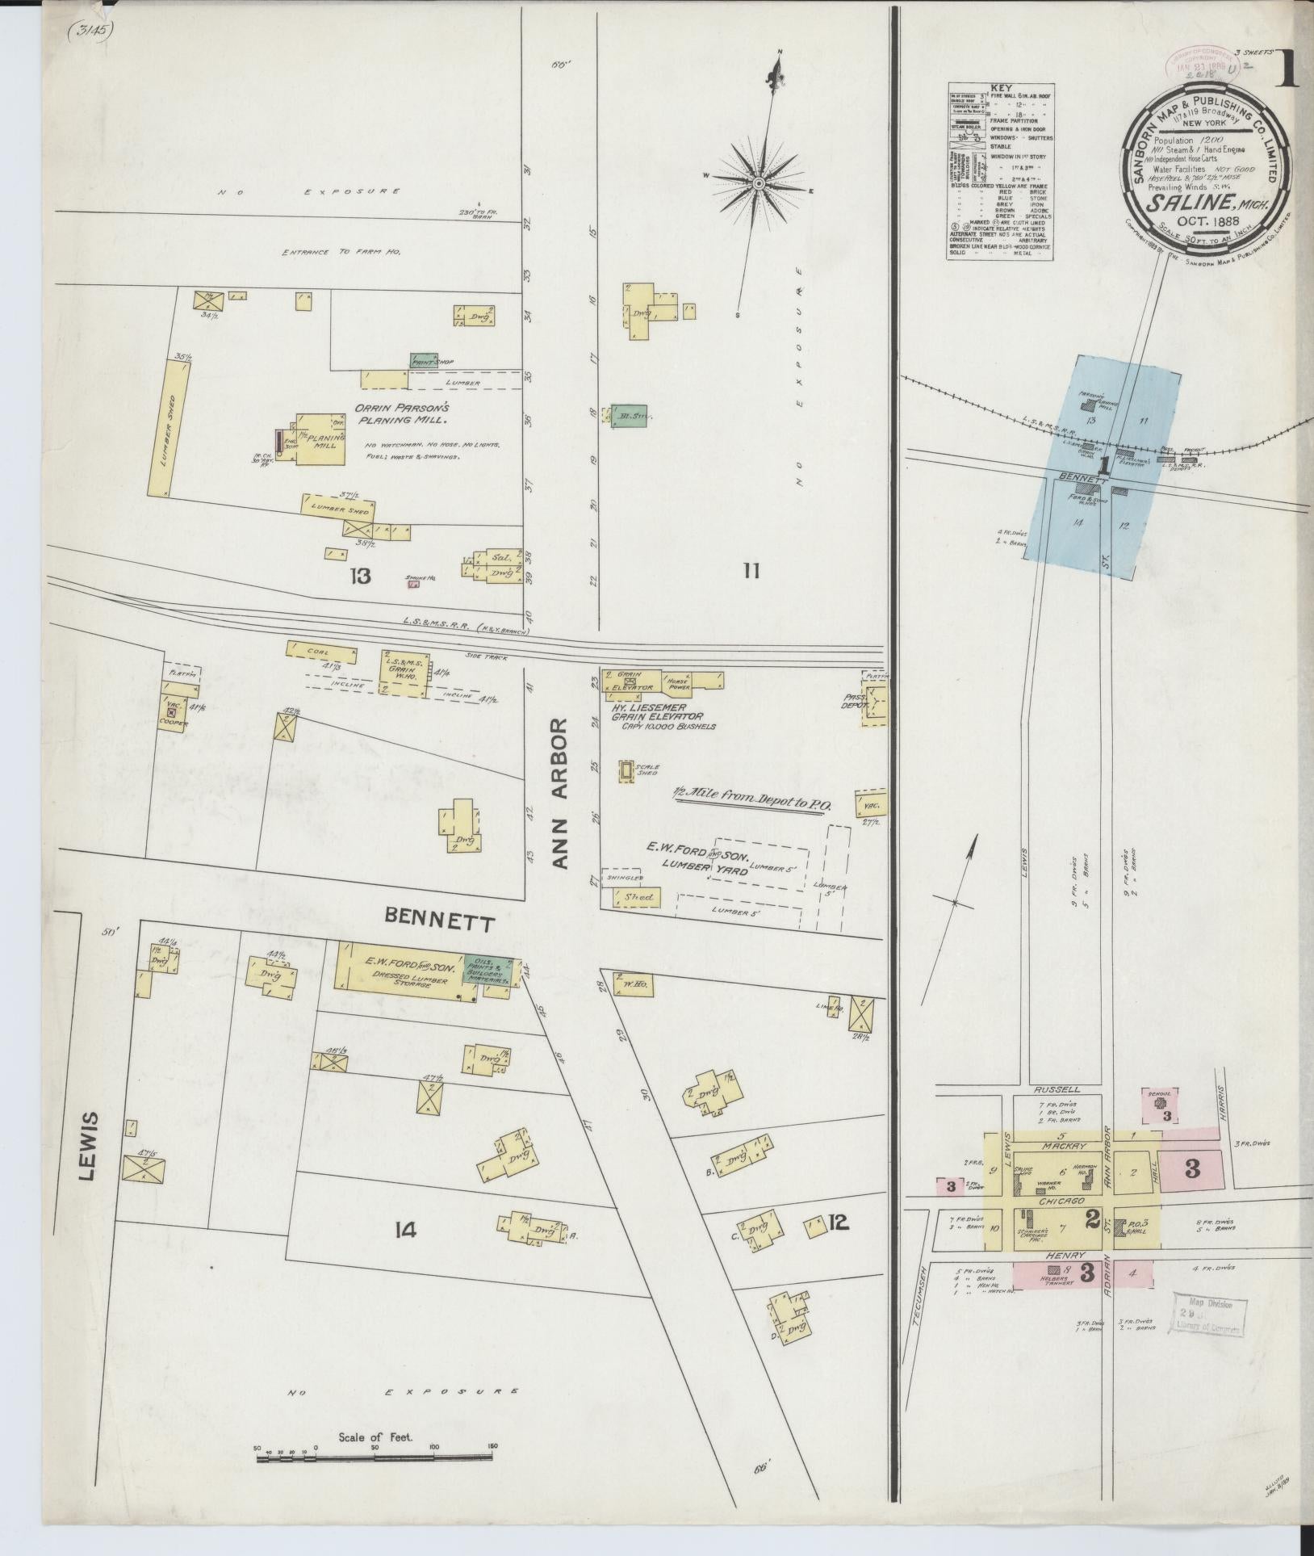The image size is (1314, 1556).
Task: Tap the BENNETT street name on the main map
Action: pos(439,919)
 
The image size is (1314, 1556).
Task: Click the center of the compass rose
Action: pos(759,184)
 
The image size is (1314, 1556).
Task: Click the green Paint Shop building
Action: pos(424,361)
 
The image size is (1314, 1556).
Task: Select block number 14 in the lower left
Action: pos(405,1230)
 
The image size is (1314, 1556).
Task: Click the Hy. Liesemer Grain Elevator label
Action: pos(657,711)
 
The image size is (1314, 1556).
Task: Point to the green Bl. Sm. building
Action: pos(629,415)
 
